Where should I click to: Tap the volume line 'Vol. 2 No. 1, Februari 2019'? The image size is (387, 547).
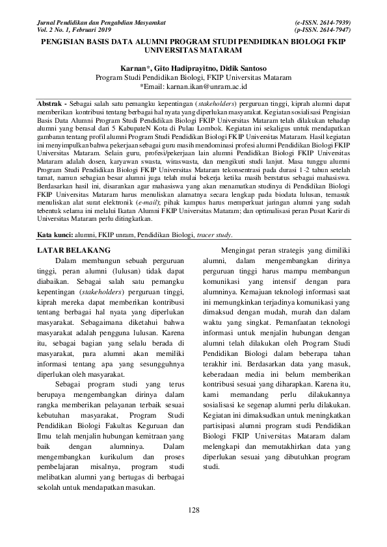71,30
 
